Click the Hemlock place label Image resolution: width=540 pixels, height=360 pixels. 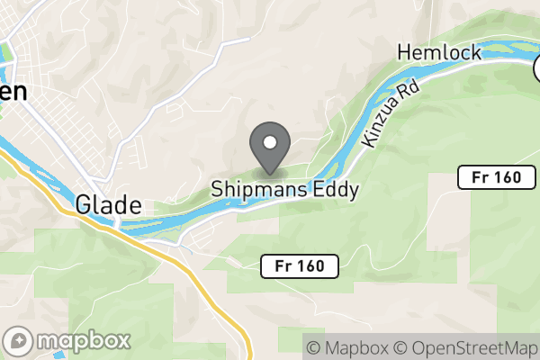439,52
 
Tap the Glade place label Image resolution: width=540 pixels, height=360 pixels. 108,202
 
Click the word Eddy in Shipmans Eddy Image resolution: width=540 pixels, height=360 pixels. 333,190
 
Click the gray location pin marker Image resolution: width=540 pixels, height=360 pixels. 269,146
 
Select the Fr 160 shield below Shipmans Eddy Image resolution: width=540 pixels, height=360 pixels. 301,265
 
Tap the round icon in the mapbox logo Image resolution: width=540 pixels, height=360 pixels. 20,341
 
